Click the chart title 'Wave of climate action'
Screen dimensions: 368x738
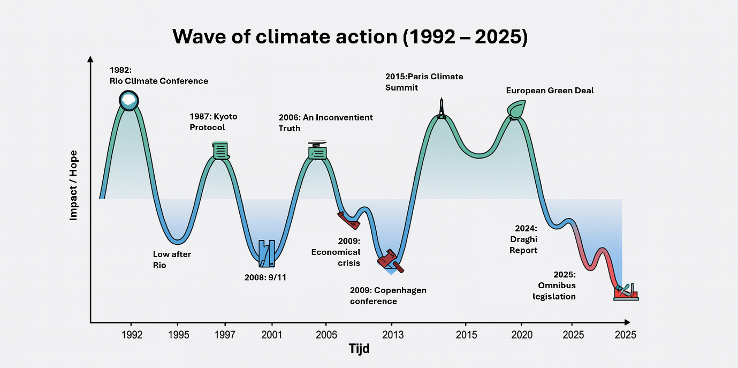point(349,37)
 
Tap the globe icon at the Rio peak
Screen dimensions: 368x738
point(129,100)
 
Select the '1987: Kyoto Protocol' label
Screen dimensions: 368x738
point(213,122)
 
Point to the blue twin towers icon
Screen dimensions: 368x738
point(267,253)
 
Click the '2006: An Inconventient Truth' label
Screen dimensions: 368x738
point(325,123)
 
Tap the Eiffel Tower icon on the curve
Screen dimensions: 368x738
point(441,109)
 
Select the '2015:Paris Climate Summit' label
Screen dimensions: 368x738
point(424,82)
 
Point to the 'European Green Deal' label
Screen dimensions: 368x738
point(550,91)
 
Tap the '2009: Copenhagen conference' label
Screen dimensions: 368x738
point(388,296)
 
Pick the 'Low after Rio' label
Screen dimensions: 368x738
point(172,260)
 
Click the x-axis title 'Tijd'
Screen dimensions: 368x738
point(359,349)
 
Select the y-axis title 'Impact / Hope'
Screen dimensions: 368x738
point(74,185)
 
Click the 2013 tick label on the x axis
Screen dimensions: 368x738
point(392,335)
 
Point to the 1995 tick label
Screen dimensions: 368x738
point(179,335)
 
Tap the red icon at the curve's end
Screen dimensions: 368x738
point(626,292)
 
